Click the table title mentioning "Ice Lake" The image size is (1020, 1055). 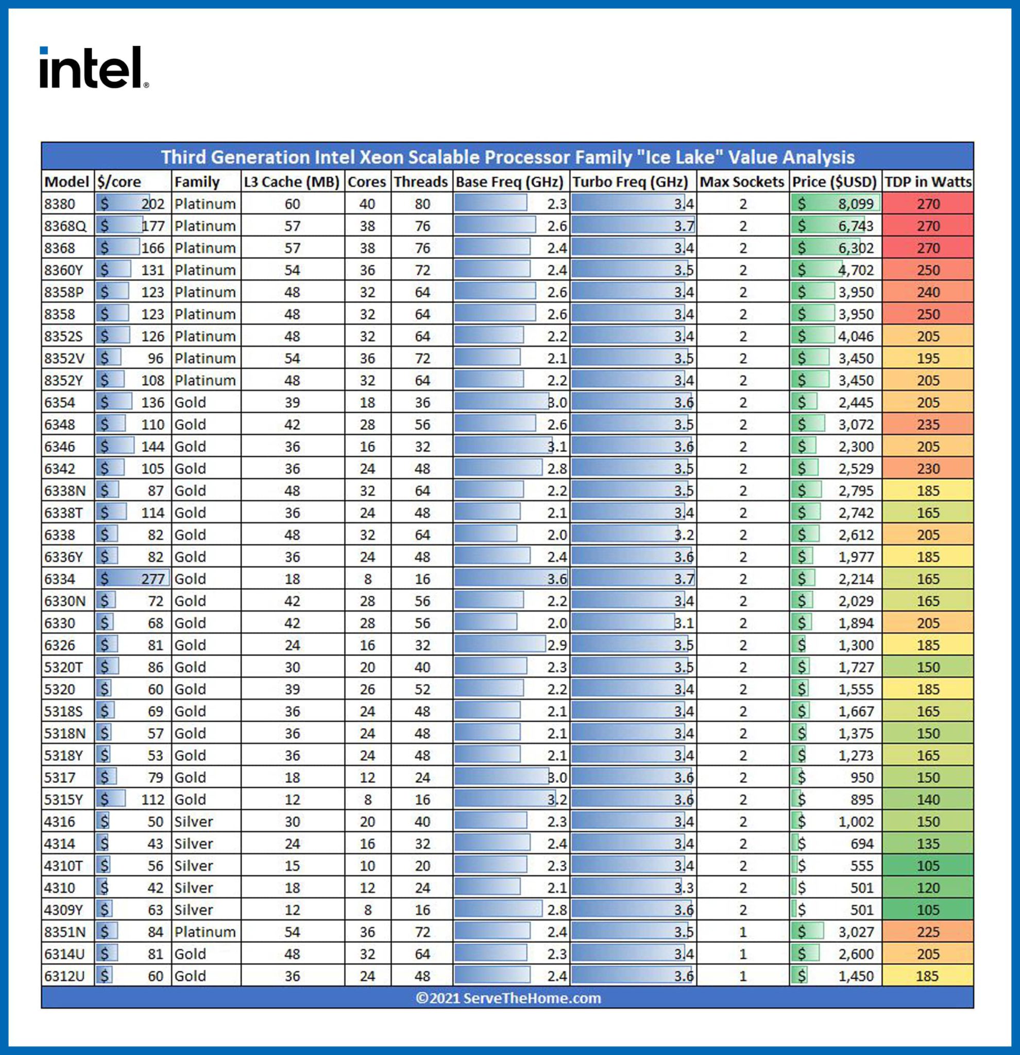(x=507, y=157)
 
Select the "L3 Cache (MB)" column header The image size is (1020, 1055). (x=292, y=182)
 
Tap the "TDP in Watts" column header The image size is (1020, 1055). (x=928, y=182)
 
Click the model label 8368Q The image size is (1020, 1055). (x=65, y=226)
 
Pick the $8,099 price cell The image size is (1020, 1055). (x=836, y=204)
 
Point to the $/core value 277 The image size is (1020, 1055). (x=133, y=578)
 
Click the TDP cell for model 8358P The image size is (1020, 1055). (x=928, y=292)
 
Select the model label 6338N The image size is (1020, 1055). (x=64, y=490)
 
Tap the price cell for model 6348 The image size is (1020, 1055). (x=836, y=424)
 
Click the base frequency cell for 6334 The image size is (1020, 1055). (x=511, y=578)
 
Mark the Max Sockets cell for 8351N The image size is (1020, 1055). (x=743, y=932)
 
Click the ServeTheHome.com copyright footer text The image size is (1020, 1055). (x=507, y=998)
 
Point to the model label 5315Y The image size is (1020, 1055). (x=63, y=799)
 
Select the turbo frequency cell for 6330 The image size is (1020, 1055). (x=633, y=623)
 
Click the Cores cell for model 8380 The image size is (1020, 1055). (x=368, y=204)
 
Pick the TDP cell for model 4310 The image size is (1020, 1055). (x=928, y=888)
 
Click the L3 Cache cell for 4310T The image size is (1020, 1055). (x=292, y=865)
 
